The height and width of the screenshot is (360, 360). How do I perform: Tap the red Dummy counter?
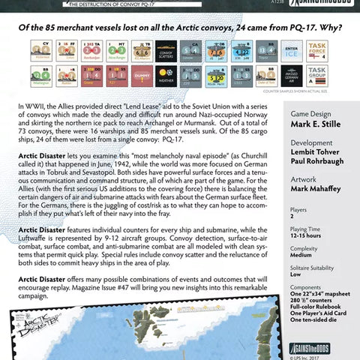click(139, 73)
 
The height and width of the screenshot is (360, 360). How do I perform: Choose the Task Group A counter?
click(318, 74)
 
